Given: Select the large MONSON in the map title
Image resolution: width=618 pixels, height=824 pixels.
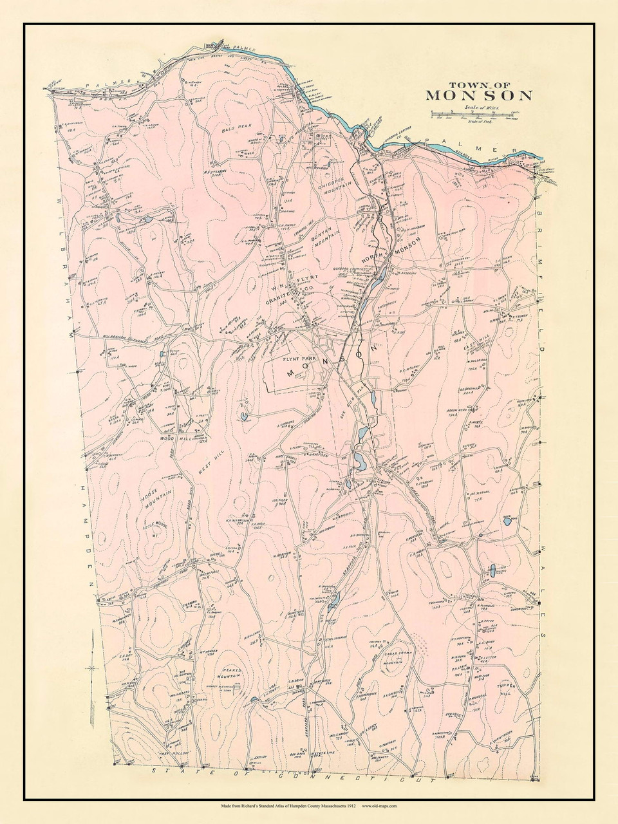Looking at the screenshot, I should click(479, 96).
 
